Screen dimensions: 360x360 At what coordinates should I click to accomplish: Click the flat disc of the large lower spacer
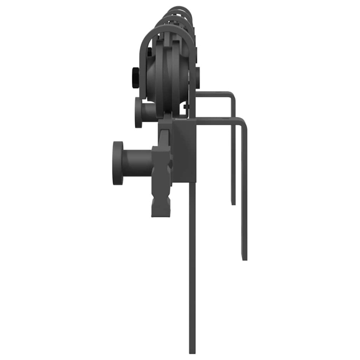(117, 163)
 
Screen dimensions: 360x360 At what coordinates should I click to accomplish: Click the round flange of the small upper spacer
(138, 112)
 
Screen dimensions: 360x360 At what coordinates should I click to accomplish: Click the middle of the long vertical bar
(192, 266)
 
